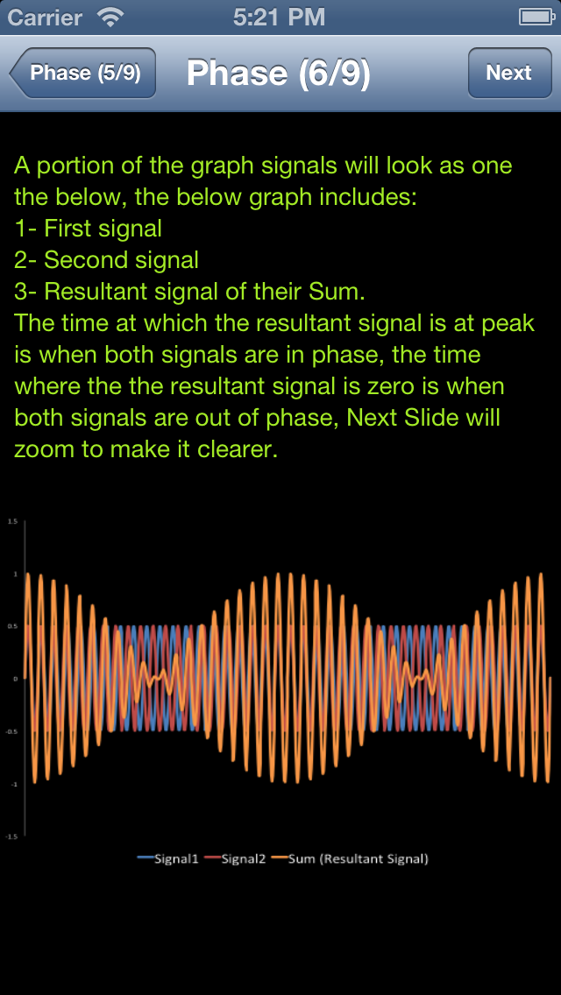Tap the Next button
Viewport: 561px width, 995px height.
[508, 73]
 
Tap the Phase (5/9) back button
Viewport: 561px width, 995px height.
[84, 73]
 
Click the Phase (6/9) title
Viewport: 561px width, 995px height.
[278, 74]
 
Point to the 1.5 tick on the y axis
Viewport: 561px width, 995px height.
[12, 521]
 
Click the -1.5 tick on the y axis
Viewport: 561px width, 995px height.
[12, 836]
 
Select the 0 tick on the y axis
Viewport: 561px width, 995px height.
[14, 679]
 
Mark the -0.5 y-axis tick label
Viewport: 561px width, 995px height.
[12, 731]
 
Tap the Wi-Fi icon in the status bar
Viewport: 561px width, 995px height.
[111, 17]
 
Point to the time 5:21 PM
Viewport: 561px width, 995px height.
[280, 17]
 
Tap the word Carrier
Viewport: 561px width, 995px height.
[45, 17]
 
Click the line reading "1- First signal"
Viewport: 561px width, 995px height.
[88, 229]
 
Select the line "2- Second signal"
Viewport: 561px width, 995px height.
[106, 260]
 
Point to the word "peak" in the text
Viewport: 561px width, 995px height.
[508, 323]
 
